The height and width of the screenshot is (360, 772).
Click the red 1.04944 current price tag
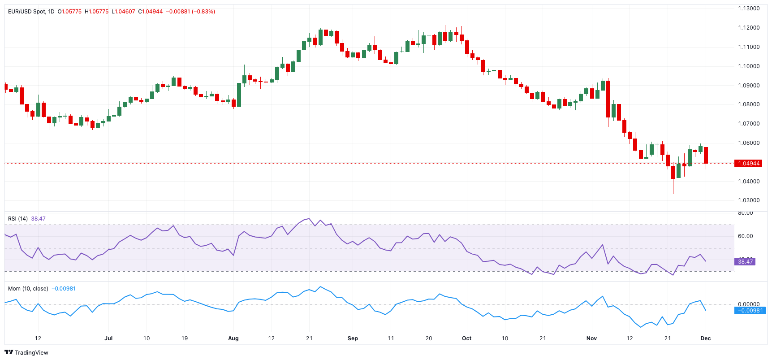(x=748, y=163)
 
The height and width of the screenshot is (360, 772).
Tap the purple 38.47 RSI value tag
(x=745, y=261)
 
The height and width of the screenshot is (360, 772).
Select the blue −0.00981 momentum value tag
(x=750, y=310)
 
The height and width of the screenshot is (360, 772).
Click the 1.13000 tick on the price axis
(x=749, y=9)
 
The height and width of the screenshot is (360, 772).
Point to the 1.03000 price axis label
(x=749, y=200)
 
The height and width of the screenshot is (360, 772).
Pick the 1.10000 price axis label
(x=749, y=66)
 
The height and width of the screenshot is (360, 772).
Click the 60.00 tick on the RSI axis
(x=745, y=236)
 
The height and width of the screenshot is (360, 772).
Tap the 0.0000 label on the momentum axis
(x=749, y=304)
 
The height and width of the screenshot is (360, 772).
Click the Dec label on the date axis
(x=705, y=338)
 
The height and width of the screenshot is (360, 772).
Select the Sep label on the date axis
(x=353, y=338)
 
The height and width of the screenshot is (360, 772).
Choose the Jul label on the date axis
(x=108, y=338)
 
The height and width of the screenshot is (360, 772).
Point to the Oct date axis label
(x=466, y=338)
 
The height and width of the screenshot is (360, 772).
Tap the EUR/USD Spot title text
(x=27, y=12)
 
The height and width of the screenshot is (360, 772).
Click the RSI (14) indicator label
(x=18, y=219)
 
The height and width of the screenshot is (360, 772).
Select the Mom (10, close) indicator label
(x=28, y=289)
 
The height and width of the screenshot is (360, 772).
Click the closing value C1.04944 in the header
(x=151, y=12)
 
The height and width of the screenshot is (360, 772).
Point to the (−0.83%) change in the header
(x=203, y=12)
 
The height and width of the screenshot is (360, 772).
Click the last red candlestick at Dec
(x=706, y=155)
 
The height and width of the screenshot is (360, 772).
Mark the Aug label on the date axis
(x=233, y=338)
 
